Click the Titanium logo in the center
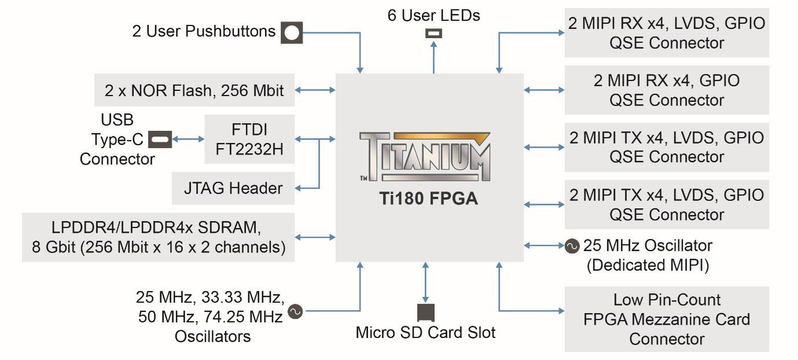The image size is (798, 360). point(425,155)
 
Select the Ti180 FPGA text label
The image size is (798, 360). point(425,199)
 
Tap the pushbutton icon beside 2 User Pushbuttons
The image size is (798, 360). point(292,32)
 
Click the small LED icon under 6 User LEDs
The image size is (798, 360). point(433,34)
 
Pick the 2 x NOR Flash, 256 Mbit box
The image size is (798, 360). point(194,91)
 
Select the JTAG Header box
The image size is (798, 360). point(233,188)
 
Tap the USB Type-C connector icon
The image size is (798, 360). point(160,139)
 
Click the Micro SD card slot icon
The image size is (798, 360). point(426,313)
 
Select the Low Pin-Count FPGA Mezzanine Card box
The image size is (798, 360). point(667,319)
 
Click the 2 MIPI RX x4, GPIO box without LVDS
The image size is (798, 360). point(667,90)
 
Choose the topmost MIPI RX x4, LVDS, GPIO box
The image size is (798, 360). point(667,33)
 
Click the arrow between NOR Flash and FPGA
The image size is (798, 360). point(315,90)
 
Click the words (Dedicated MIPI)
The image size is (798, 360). point(648,265)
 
